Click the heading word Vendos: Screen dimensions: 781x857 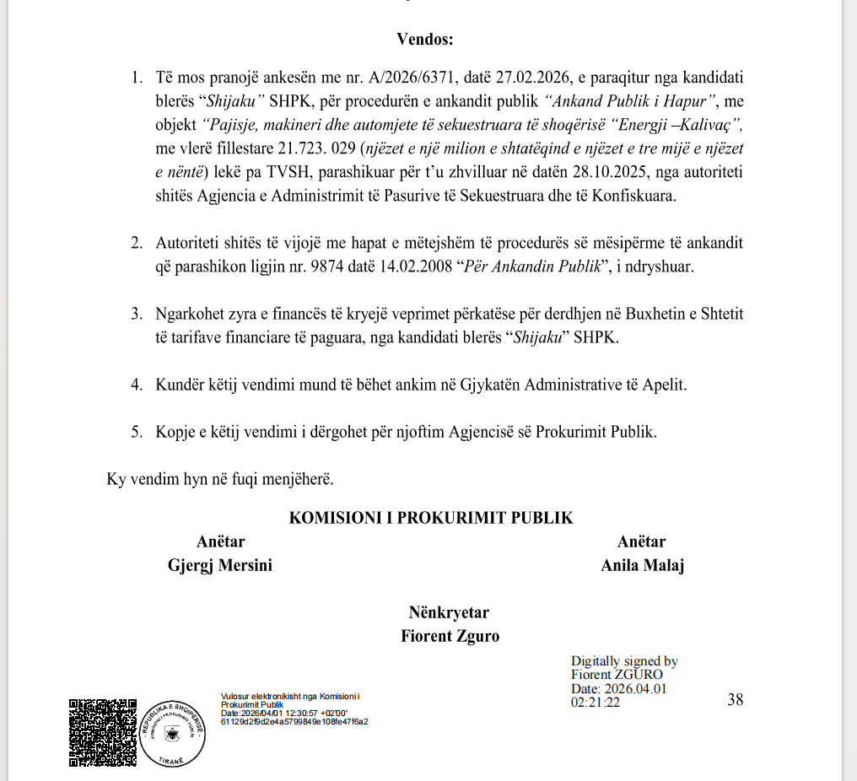[425, 39]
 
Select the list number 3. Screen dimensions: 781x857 [136, 314]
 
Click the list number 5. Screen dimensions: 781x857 [136, 431]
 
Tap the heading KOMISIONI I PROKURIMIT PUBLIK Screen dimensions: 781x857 [431, 518]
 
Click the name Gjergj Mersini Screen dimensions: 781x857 [220, 565]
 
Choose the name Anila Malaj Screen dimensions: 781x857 [642, 565]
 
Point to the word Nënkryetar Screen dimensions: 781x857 [449, 612]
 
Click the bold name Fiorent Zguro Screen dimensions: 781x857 [450, 636]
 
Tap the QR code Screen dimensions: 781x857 [102, 732]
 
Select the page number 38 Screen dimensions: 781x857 [735, 699]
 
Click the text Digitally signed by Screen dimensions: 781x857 [624, 661]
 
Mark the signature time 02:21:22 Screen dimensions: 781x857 [596, 702]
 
